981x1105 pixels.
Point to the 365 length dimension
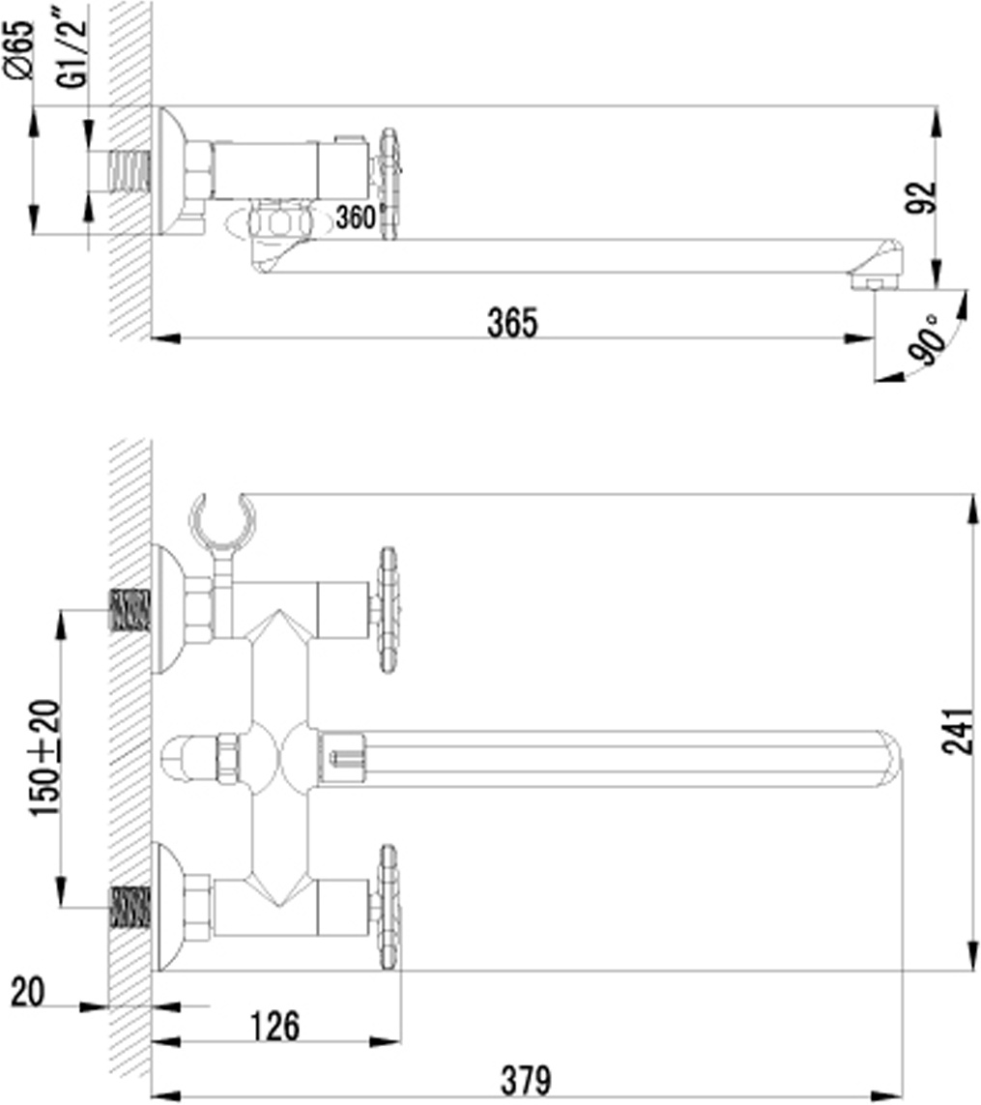[x=512, y=323]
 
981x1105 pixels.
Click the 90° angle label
[x=928, y=339]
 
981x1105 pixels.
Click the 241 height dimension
[x=959, y=732]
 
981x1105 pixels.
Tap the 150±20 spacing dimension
[x=44, y=758]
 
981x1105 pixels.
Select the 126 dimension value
[x=275, y=1026]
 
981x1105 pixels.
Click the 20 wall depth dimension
[x=28, y=993]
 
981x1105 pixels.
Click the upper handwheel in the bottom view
[x=388, y=610]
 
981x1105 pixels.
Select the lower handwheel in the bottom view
[x=388, y=908]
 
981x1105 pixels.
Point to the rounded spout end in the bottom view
[x=889, y=759]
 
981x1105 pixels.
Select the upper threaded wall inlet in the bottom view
[x=130, y=610]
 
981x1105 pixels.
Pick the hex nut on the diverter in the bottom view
[x=228, y=759]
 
